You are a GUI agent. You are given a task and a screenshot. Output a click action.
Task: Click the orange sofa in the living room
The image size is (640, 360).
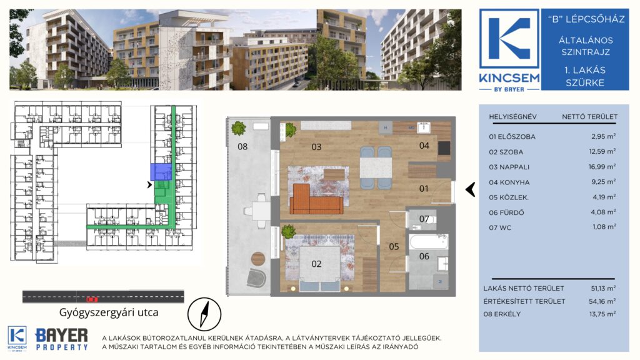click(316, 199)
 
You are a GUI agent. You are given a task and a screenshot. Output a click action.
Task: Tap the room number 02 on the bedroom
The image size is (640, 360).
click(316, 264)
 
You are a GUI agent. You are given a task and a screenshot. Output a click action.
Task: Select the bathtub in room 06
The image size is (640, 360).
click(429, 242)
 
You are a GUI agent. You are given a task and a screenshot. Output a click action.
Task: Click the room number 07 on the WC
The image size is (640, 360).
click(424, 219)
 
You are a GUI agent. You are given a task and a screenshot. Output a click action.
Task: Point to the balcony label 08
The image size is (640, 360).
click(242, 146)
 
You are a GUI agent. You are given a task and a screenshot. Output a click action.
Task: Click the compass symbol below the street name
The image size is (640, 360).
click(204, 314)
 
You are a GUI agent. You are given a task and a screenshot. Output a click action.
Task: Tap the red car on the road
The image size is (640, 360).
click(92, 299)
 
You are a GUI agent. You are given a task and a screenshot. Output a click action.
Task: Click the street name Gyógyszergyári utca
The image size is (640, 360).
click(109, 312)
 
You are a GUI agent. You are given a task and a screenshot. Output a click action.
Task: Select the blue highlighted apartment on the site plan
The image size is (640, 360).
click(161, 172)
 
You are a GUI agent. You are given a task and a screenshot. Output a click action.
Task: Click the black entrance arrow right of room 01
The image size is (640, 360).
click(470, 189)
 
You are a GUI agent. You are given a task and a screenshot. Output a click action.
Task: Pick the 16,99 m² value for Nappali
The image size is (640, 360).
click(602, 166)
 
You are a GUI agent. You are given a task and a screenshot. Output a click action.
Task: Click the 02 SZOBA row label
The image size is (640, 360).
click(506, 152)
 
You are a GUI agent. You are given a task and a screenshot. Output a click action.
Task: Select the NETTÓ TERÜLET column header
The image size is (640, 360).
click(589, 117)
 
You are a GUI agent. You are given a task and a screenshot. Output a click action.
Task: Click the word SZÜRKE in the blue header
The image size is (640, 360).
click(585, 83)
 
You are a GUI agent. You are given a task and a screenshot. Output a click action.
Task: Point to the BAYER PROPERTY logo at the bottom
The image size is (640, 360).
click(62, 339)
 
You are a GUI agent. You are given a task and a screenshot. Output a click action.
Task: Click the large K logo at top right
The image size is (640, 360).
click(509, 39)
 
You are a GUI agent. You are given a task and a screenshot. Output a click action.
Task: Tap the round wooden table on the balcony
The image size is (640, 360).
click(258, 258)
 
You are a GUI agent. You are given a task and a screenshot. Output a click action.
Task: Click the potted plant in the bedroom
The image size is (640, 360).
click(288, 231)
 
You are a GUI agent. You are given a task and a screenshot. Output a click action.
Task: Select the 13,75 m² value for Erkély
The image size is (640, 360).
click(602, 314)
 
